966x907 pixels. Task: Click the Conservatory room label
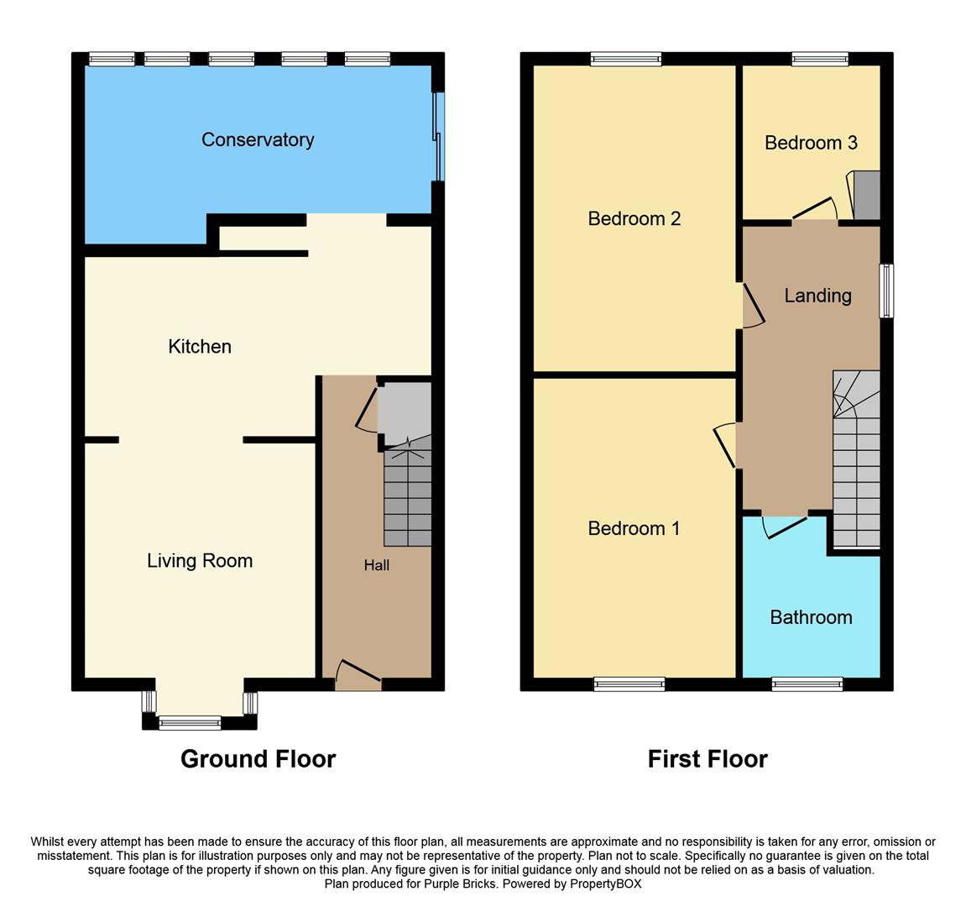pyautogui.click(x=258, y=139)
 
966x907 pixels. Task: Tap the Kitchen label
pyautogui.click(x=200, y=346)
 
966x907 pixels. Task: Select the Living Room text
pyautogui.click(x=200, y=560)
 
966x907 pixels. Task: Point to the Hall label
pyautogui.click(x=376, y=565)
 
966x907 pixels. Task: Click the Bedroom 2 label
pyautogui.click(x=634, y=218)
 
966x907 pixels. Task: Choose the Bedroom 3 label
pyautogui.click(x=811, y=143)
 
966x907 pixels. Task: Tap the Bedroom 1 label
pyautogui.click(x=634, y=528)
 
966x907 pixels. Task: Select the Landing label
pyautogui.click(x=817, y=296)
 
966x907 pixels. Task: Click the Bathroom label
pyautogui.click(x=811, y=617)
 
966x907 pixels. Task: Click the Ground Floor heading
pyautogui.click(x=258, y=759)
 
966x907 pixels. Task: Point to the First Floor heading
pyautogui.click(x=708, y=759)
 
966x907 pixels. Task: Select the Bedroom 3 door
pyautogui.click(x=814, y=208)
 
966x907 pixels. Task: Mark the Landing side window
pyautogui.click(x=886, y=291)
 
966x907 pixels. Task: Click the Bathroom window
pyautogui.click(x=807, y=684)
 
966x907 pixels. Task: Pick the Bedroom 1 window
pyautogui.click(x=629, y=684)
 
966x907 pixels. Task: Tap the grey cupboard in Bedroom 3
pyautogui.click(x=866, y=195)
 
